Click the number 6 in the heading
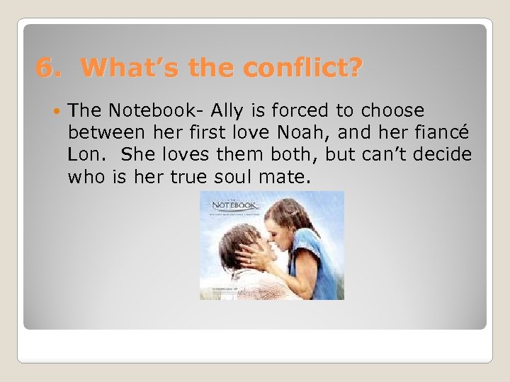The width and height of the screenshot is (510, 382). (45, 69)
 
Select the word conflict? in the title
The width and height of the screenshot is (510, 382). (302, 69)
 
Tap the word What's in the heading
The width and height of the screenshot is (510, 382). (125, 69)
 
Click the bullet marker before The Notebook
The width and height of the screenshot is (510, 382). (56, 111)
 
